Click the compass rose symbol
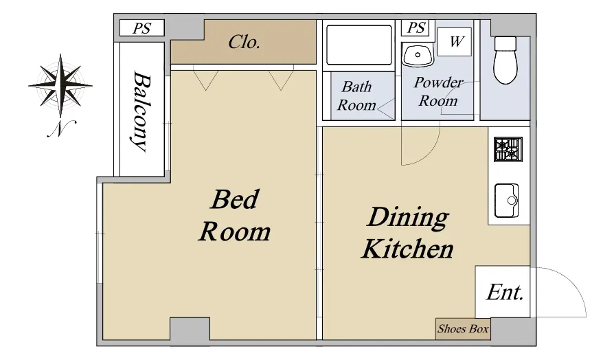click(x=60, y=85)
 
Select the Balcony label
click(x=141, y=111)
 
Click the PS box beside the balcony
click(x=141, y=28)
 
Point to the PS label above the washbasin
click(x=416, y=27)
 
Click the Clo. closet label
click(x=245, y=42)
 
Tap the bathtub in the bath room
click(x=359, y=45)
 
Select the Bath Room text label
click(x=356, y=96)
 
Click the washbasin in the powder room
click(x=418, y=55)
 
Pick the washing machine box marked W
click(x=455, y=41)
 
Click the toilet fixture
click(x=505, y=60)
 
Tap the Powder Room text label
click(x=438, y=91)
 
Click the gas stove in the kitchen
click(x=508, y=149)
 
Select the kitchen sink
click(x=507, y=201)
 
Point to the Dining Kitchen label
click(x=407, y=233)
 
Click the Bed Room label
click(x=235, y=216)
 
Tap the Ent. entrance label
click(x=505, y=292)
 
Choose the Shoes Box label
click(x=463, y=328)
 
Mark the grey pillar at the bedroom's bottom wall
click(x=190, y=328)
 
